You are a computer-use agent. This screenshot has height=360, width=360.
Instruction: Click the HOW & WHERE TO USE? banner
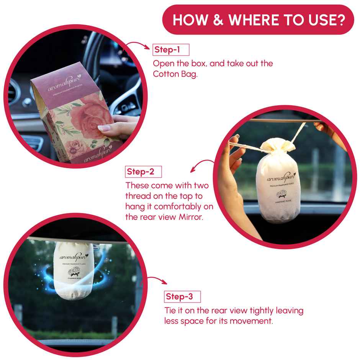(x=258, y=20)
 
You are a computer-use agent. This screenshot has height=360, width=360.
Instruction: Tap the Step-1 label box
(x=171, y=50)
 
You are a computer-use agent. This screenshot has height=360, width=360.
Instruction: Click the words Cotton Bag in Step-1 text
(x=175, y=74)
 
